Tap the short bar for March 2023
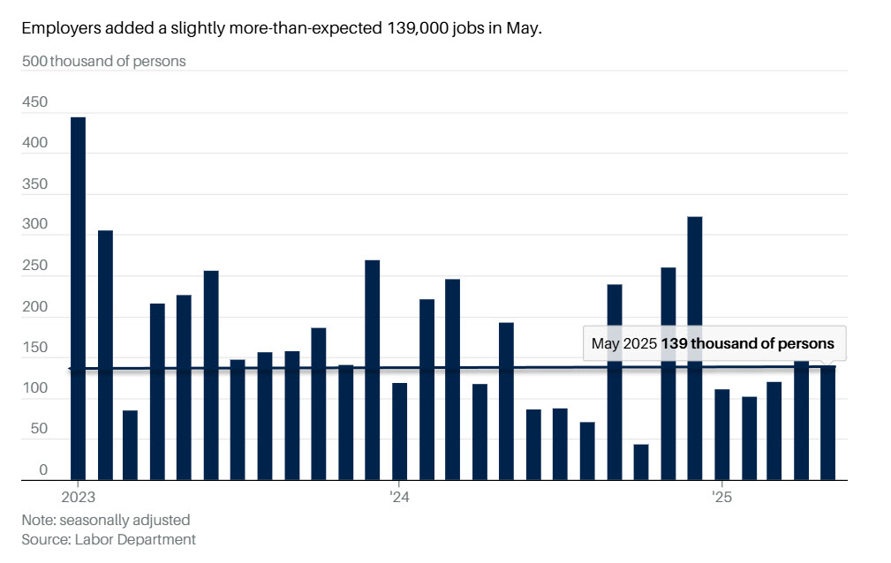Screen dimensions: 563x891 click(130, 445)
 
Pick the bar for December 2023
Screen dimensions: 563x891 click(373, 370)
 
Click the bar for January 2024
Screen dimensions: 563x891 click(399, 432)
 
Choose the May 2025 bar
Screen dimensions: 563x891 click(828, 424)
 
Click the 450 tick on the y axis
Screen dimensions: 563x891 click(35, 102)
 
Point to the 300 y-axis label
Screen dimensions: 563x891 click(35, 225)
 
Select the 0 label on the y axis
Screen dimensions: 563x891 click(42, 471)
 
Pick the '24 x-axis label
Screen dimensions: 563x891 click(399, 496)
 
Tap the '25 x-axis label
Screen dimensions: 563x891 click(722, 496)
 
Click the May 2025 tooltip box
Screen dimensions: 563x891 click(714, 343)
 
